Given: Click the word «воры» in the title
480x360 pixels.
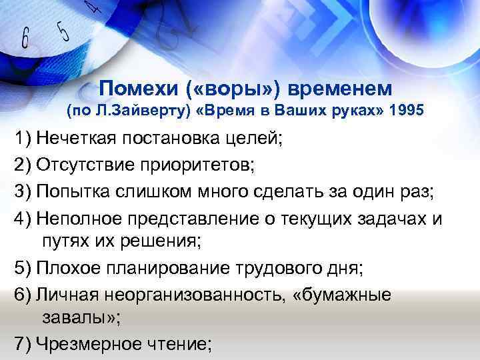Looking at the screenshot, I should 223,88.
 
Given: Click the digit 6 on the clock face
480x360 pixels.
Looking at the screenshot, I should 25,39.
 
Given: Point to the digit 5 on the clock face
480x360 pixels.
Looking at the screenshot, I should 63,30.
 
